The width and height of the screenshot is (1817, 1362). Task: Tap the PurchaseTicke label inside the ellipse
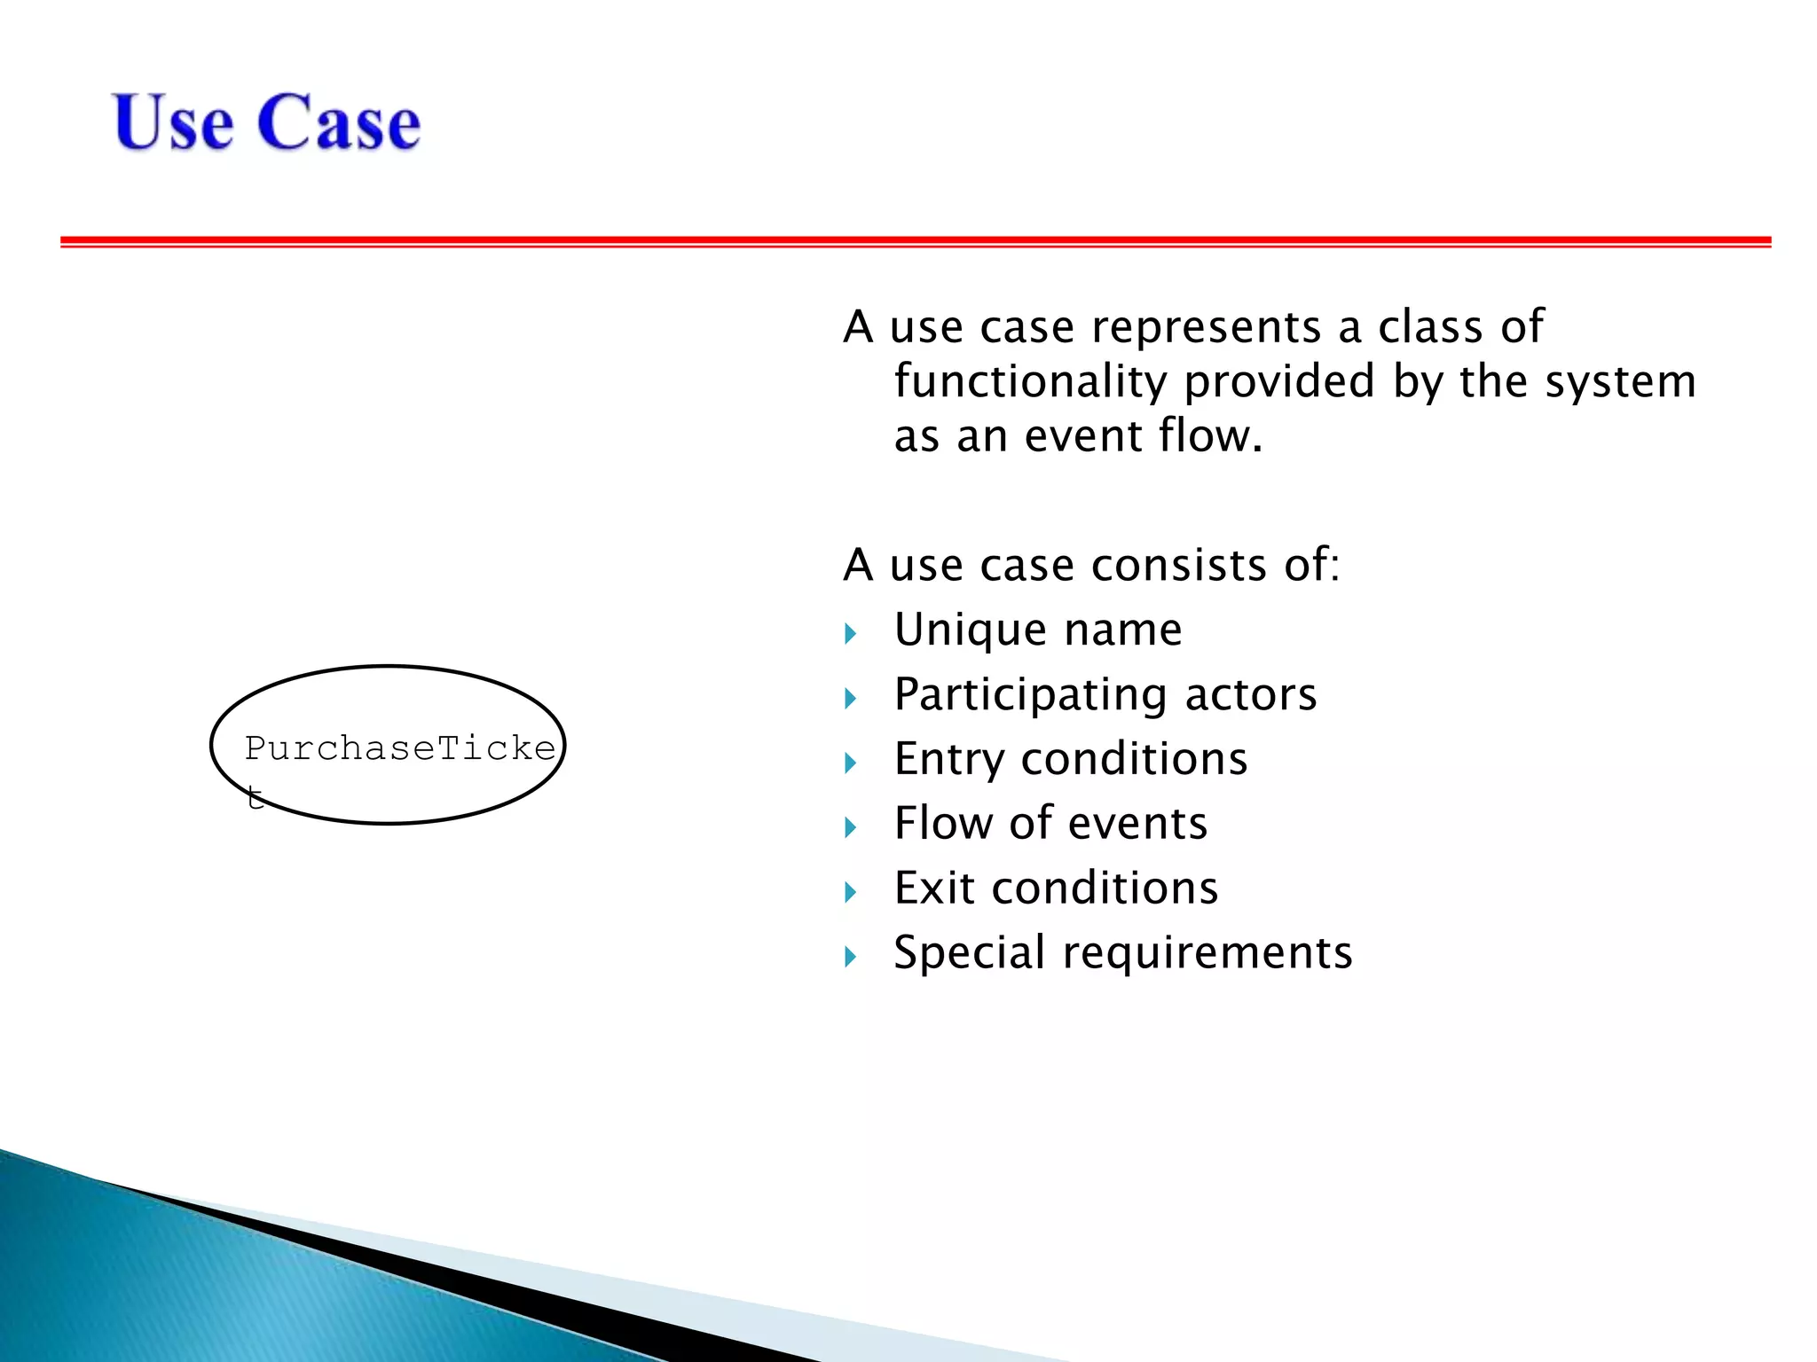pos(399,749)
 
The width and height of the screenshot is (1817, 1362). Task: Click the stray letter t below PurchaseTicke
pos(256,797)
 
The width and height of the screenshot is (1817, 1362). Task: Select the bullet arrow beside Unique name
pos(851,633)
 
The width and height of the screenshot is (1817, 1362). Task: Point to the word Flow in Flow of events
pos(942,823)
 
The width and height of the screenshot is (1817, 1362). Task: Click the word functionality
pos(1029,381)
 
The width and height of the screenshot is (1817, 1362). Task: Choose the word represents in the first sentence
pos(1206,327)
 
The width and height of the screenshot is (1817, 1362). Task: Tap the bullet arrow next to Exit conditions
pos(851,892)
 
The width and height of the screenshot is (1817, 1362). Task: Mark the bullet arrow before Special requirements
pos(851,957)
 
